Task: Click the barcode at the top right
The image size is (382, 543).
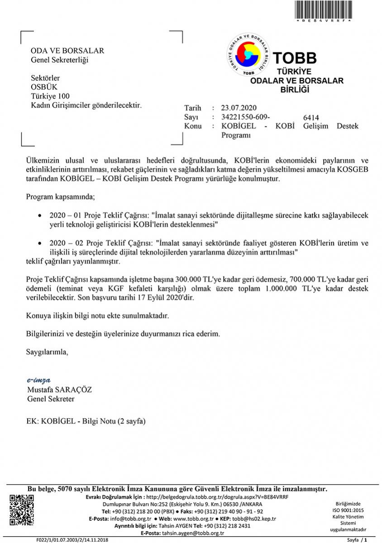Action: pyautogui.click(x=323, y=10)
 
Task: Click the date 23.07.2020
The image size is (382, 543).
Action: pyautogui.click(x=239, y=108)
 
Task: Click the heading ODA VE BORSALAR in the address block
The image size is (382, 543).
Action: pyautogui.click(x=67, y=51)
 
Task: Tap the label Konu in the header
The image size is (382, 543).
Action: pyautogui.click(x=193, y=126)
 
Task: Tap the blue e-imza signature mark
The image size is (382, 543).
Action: pyautogui.click(x=38, y=380)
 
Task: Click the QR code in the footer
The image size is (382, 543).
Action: pyautogui.click(x=22, y=510)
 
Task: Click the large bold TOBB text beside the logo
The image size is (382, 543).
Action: pyautogui.click(x=295, y=58)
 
